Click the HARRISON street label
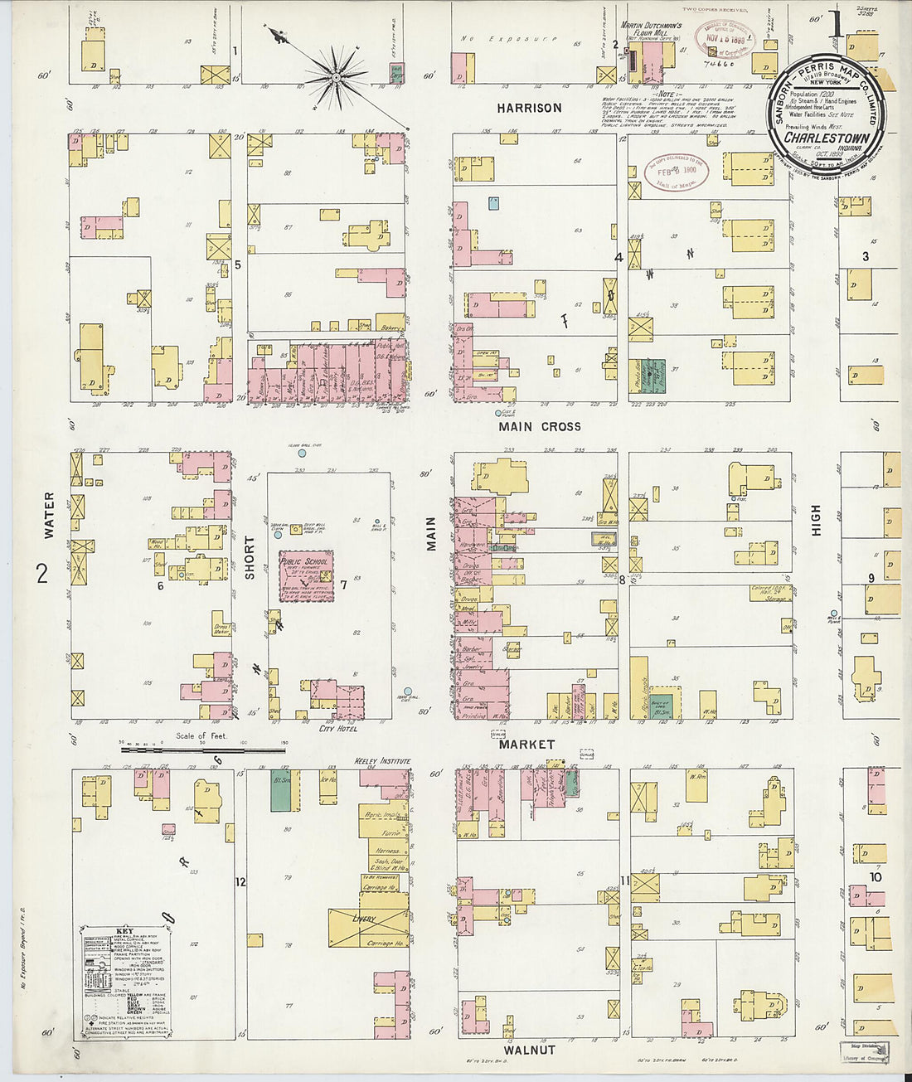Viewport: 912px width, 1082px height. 529,108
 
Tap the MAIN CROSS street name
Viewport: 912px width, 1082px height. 539,426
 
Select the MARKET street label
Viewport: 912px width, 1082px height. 526,744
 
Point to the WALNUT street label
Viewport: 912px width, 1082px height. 529,1050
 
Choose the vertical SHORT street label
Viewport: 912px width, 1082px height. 249,557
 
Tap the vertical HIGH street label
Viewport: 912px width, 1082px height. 816,520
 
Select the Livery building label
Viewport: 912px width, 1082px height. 364,919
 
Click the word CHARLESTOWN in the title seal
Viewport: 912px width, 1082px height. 827,138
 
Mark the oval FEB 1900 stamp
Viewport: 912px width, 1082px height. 677,172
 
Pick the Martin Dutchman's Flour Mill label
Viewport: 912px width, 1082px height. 652,31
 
